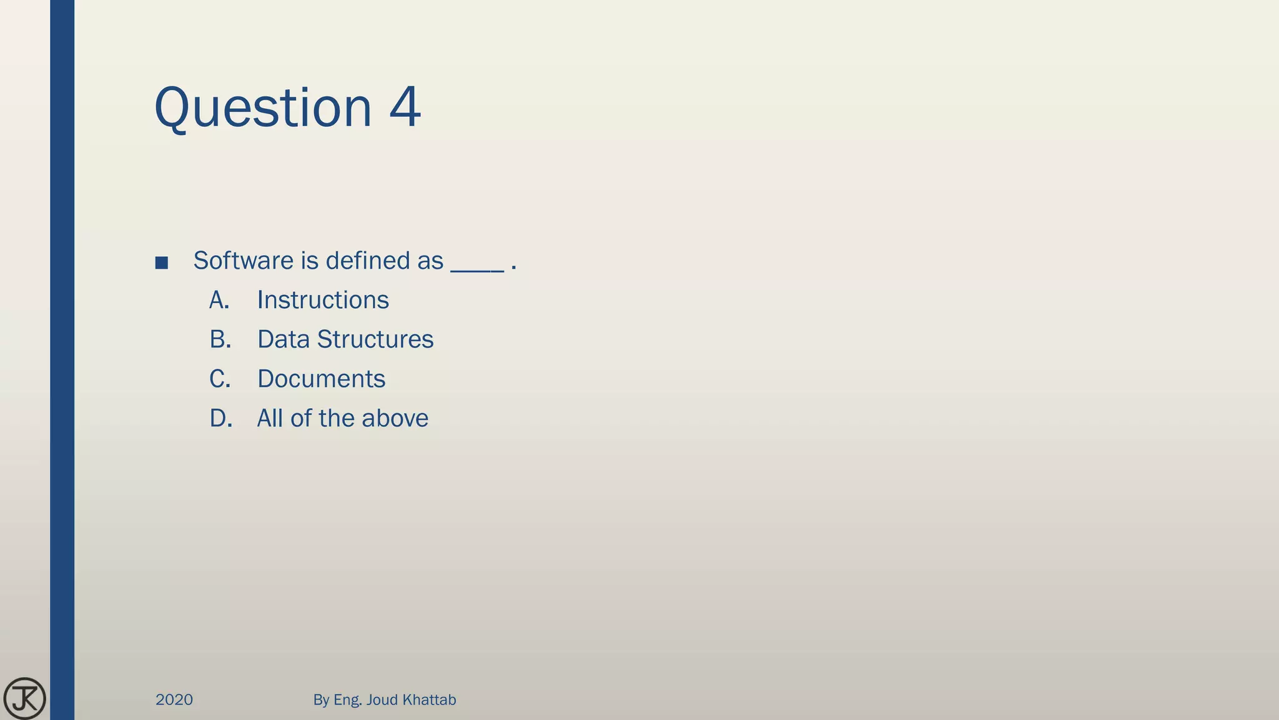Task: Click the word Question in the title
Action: coord(262,107)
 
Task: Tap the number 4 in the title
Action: coord(405,107)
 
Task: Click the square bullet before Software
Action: coord(162,262)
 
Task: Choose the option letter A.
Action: coord(219,301)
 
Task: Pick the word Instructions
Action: coord(323,301)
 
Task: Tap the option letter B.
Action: coord(220,339)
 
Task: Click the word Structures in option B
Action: coord(375,339)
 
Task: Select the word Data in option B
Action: coord(283,339)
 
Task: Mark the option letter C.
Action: coord(220,379)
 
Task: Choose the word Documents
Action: coord(321,379)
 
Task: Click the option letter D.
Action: coord(220,419)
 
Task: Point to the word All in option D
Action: coord(270,419)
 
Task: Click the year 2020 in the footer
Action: coord(174,700)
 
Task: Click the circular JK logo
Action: coord(24,699)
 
